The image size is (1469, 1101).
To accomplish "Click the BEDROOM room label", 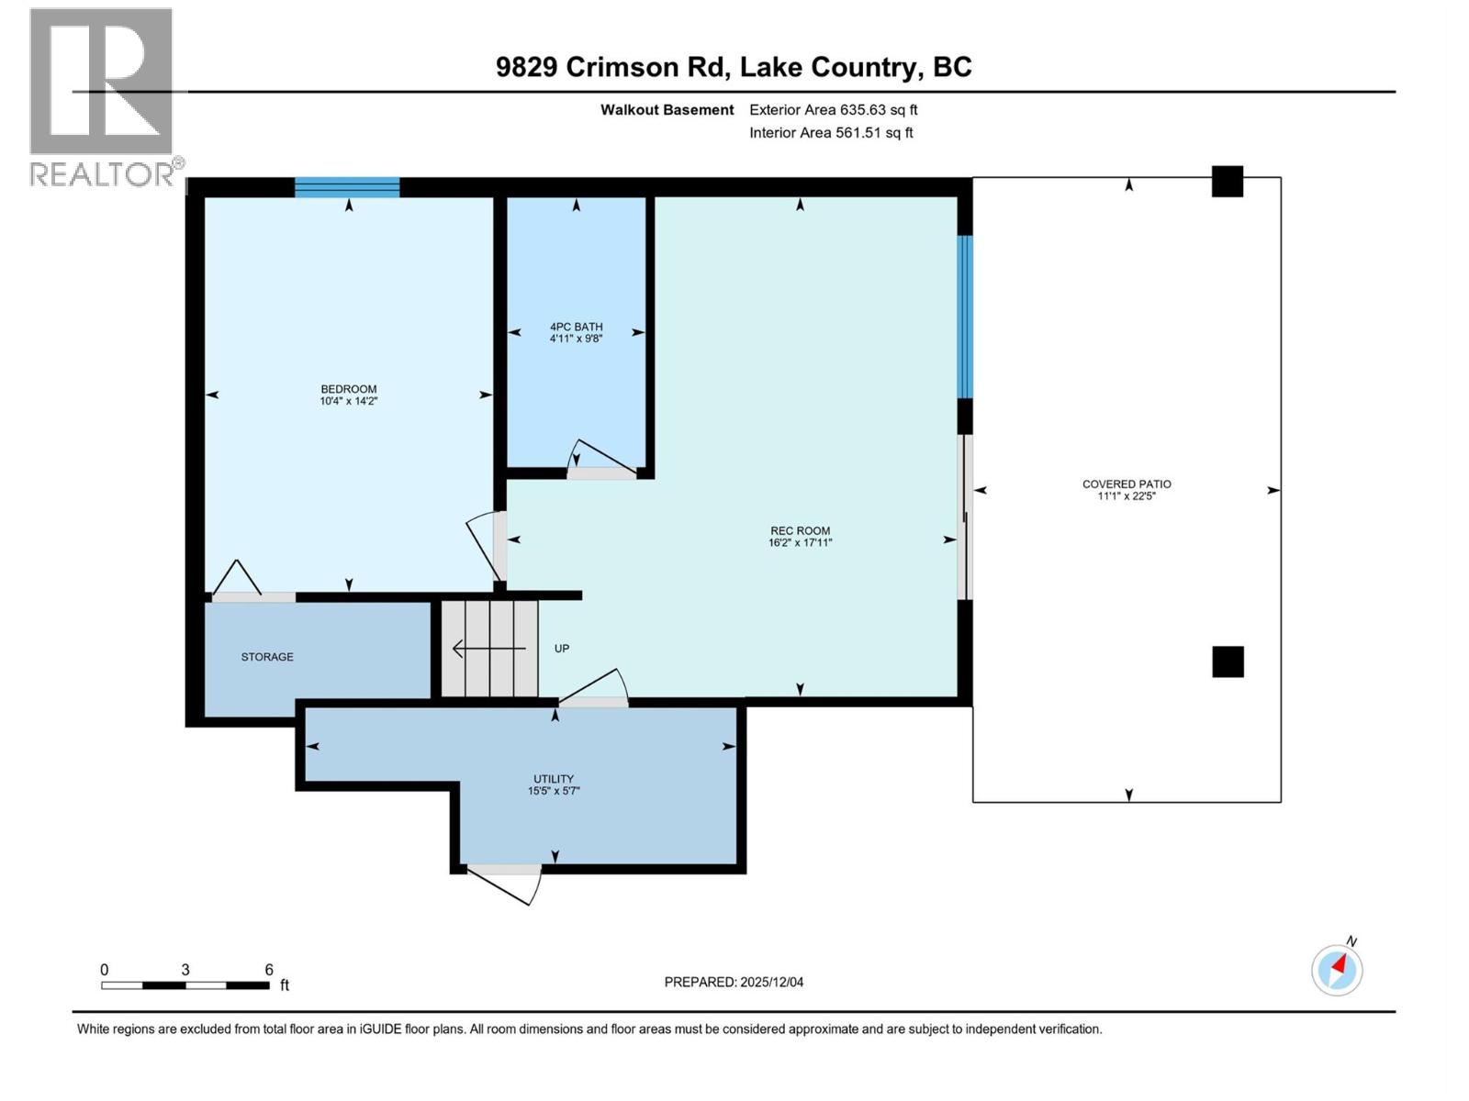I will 349,389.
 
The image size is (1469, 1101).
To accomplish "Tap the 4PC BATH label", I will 576,327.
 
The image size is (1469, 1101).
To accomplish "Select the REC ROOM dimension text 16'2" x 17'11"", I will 800,543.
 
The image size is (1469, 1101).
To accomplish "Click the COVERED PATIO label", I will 1127,484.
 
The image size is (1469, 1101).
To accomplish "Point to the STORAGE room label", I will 267,657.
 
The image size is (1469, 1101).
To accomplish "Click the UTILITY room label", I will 554,779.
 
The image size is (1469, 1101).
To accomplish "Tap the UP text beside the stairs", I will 562,649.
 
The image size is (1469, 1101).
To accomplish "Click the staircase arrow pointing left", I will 487,650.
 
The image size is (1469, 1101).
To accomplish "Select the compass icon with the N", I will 1337,969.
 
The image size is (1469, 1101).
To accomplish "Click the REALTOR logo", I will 103,96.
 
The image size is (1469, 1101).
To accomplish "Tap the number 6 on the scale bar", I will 269,970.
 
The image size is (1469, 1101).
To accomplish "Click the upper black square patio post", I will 1228,182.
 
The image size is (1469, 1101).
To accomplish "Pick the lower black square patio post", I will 1228,662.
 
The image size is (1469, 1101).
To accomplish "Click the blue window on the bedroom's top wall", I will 347,187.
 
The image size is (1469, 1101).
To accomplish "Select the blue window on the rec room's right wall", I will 965,317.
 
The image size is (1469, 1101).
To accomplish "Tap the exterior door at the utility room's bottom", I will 505,881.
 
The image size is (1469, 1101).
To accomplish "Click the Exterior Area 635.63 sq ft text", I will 833,110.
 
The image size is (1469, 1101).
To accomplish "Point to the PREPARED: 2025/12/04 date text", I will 734,982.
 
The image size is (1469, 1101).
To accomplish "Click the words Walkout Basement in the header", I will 667,110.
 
